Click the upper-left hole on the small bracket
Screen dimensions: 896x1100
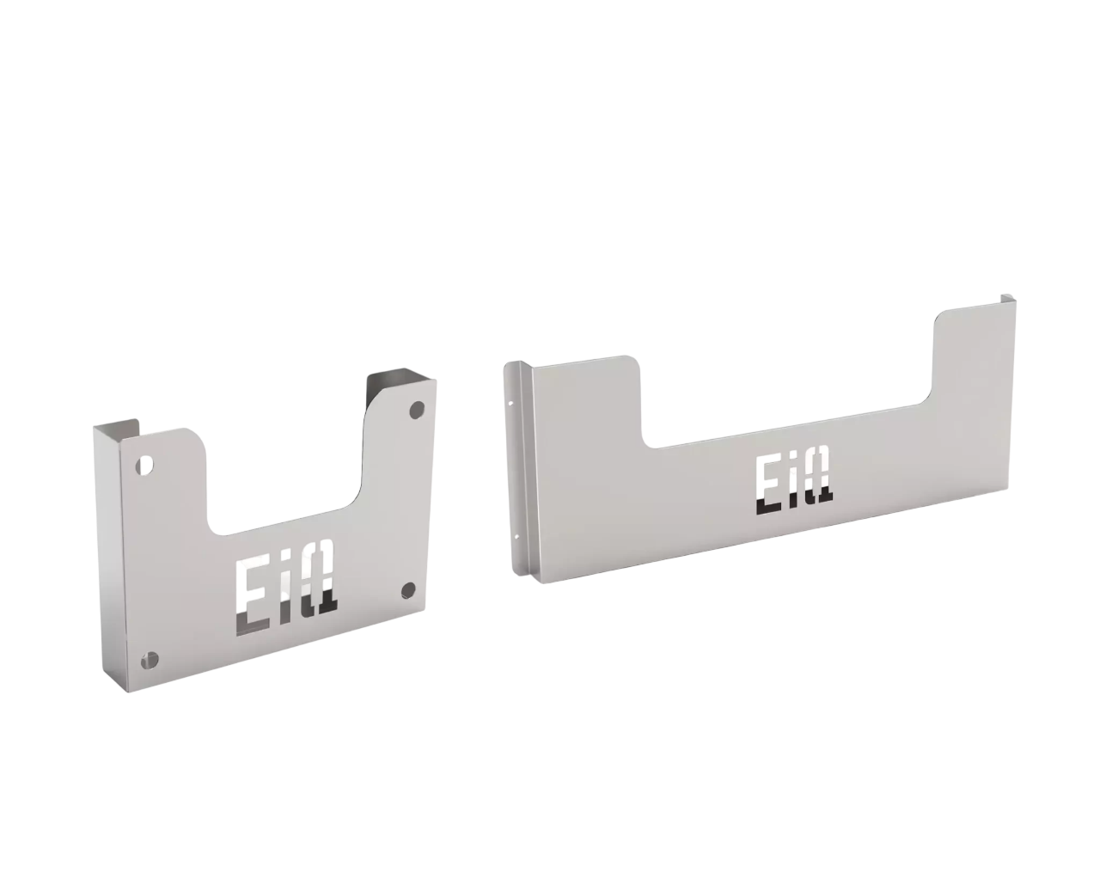pos(145,466)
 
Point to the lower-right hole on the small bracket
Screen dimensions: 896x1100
pos(408,589)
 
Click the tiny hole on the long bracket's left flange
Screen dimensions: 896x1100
pos(512,401)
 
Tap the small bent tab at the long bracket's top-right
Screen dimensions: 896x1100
pos(1006,297)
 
